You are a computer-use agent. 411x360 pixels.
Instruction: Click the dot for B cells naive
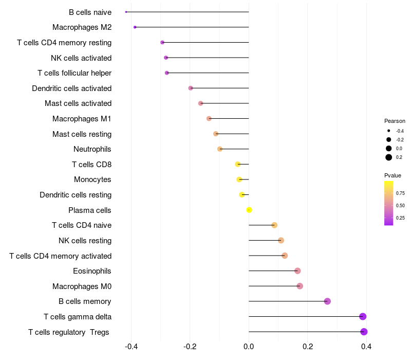(126, 12)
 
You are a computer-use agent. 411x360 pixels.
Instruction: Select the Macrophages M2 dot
(135, 27)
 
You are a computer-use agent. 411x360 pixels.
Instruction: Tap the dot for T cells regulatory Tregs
(364, 332)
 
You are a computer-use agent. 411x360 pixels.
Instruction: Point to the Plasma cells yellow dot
(249, 210)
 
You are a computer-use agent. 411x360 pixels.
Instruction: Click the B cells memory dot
(327, 301)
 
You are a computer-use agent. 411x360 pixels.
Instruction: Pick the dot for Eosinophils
(297, 271)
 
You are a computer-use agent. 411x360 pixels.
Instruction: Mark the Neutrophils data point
(220, 149)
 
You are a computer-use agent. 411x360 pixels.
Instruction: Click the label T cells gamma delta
(78, 317)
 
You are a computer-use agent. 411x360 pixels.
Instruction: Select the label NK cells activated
(81, 58)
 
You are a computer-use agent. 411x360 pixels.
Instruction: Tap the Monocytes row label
(92, 179)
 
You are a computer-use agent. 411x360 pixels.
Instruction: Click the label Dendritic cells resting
(76, 195)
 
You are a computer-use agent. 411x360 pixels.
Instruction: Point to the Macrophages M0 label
(82, 286)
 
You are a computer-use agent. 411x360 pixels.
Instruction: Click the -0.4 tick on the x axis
(131, 346)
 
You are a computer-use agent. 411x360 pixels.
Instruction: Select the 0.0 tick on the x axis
(249, 346)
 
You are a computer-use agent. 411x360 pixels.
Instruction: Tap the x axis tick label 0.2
(308, 346)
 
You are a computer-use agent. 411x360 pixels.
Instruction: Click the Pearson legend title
(395, 121)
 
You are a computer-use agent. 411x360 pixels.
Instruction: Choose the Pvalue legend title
(393, 175)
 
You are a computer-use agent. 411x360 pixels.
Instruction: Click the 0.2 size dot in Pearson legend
(389, 157)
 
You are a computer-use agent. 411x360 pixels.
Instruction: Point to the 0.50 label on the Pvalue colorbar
(400, 205)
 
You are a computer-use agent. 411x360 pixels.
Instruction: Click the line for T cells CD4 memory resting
(206, 43)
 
